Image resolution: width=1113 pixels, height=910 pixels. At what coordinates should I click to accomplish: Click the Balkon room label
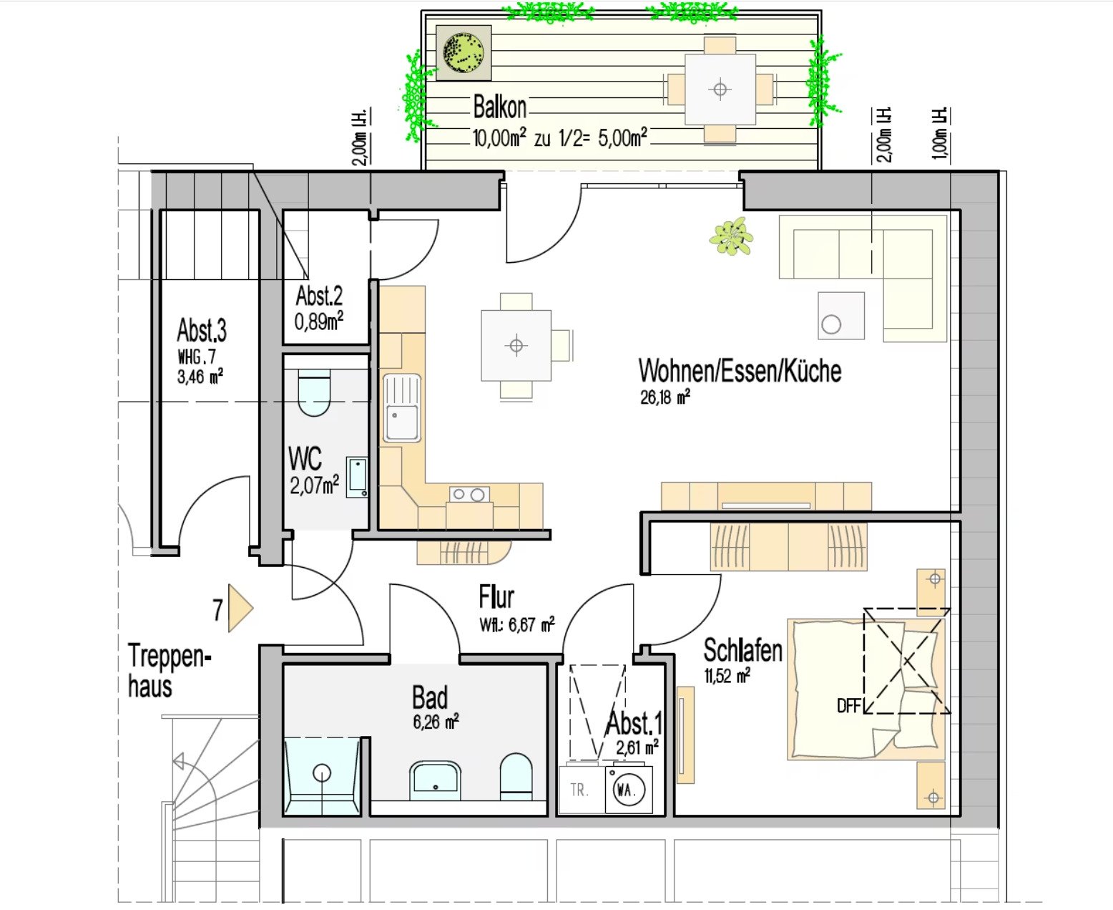pos(499,107)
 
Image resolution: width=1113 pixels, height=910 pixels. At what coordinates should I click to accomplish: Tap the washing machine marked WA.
pos(629,790)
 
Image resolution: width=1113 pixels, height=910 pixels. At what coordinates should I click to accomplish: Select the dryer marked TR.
pos(582,790)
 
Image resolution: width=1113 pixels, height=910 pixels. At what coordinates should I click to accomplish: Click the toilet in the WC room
pos(314,392)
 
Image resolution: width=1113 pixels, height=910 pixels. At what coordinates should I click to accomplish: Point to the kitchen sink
pos(402,407)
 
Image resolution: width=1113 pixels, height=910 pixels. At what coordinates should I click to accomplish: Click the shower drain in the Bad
pos(321,773)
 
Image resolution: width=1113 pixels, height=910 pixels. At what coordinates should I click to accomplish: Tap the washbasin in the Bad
pos(436,780)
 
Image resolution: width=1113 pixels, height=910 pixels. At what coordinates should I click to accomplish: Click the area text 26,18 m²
pos(665,397)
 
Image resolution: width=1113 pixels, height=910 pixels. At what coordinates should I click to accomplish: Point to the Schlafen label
pos(742,650)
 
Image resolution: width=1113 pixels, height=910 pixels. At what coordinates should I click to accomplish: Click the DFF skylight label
pos(849,706)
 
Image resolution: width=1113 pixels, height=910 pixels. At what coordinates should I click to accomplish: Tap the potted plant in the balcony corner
pos(464,53)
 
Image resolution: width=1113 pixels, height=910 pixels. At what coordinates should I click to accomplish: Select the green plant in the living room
pos(731,236)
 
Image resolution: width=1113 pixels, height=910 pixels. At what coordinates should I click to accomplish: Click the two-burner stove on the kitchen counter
pos(469,494)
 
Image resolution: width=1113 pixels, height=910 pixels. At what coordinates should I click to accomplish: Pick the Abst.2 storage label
pos(319,296)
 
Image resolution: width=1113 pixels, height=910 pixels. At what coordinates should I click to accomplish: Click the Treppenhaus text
pos(169,670)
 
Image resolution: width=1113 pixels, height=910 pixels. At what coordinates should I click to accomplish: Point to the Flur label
pos(496,597)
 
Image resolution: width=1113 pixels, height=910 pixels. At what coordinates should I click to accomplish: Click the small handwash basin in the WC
pos(357,477)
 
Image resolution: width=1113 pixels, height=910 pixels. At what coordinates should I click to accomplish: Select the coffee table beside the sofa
pos(841,316)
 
